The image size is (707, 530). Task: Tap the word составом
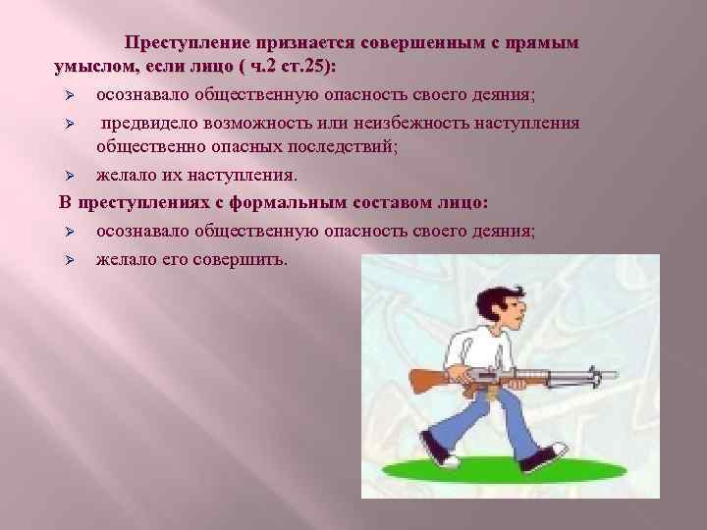[373, 203]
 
